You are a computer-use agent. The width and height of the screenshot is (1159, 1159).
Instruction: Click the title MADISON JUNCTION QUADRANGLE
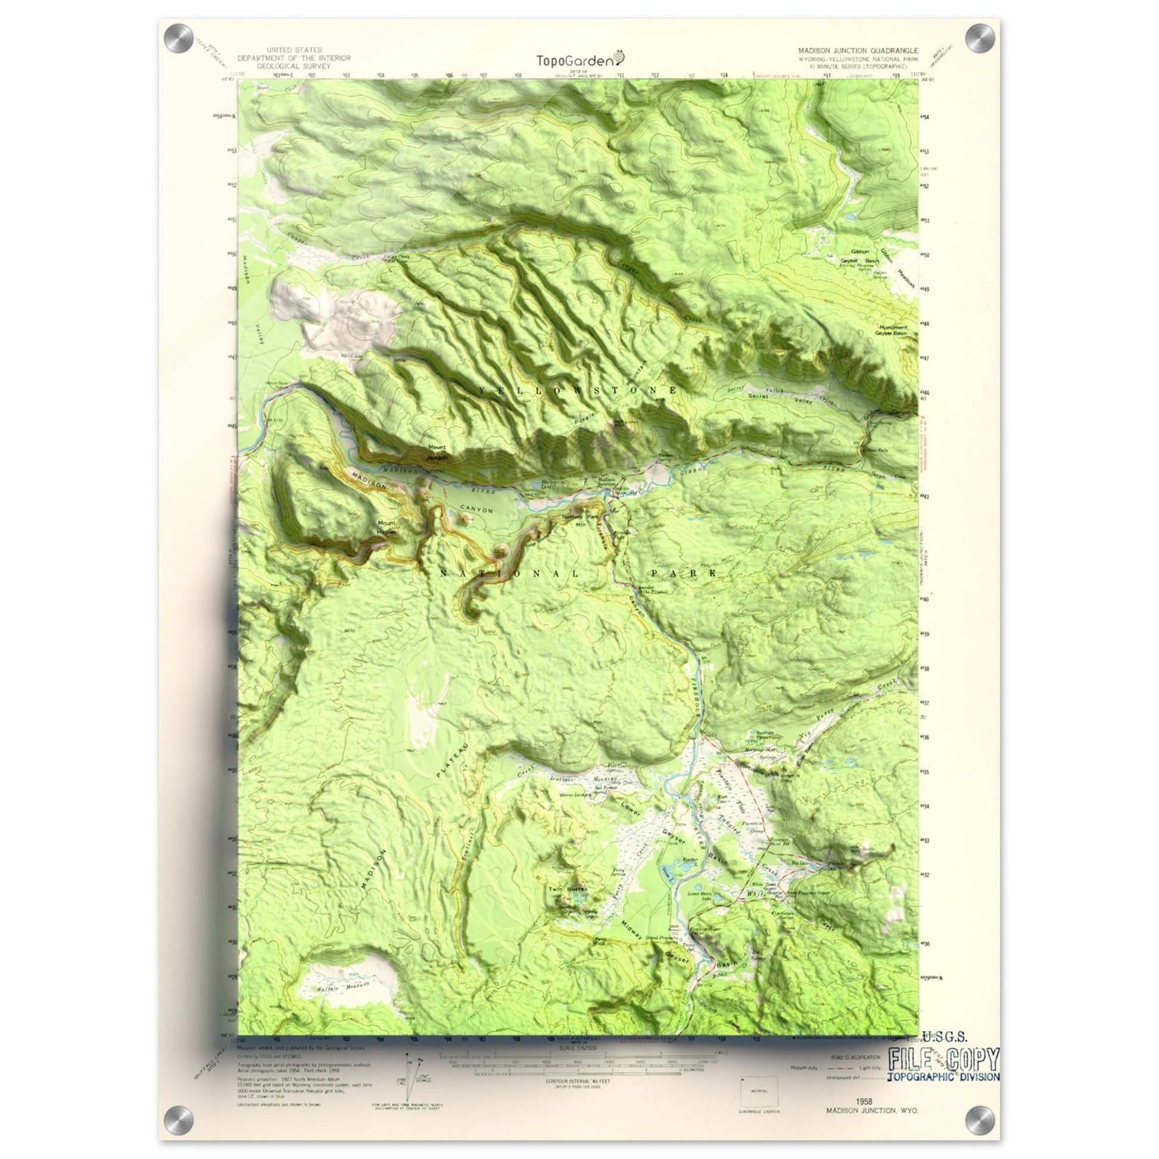(x=858, y=52)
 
